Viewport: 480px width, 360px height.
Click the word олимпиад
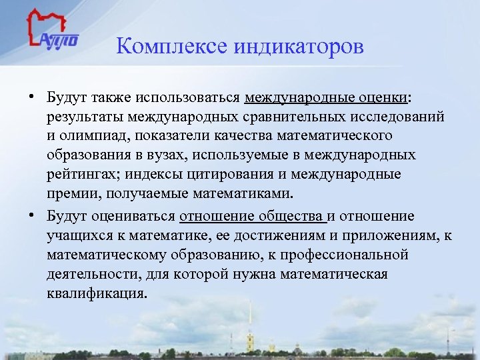tap(94, 137)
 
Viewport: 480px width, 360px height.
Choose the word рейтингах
tap(83, 175)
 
